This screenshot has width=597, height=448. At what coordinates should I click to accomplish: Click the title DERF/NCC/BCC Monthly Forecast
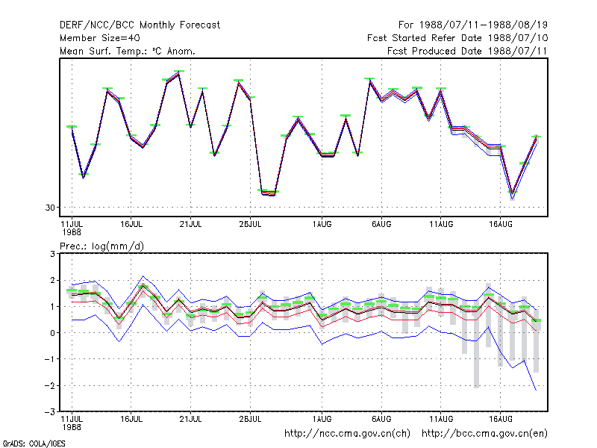tap(140, 25)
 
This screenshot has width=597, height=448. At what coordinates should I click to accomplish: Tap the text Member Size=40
tap(100, 38)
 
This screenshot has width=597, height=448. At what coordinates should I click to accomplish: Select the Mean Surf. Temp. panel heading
tap(128, 51)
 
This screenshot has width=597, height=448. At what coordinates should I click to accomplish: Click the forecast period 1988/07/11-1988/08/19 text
tap(473, 25)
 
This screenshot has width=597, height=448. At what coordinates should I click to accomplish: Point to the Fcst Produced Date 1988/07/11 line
tap(468, 51)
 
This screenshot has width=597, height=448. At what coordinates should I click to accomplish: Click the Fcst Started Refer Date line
tap(457, 38)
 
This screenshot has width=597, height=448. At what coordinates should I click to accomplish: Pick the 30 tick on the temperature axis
tap(50, 208)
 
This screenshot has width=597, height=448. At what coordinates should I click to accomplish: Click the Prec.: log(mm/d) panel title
tap(101, 246)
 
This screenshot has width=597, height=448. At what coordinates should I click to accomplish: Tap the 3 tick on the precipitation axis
tap(52, 254)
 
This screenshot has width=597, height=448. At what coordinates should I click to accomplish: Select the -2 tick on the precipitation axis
tap(50, 385)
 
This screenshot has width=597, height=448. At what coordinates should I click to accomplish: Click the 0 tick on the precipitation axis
tap(52, 333)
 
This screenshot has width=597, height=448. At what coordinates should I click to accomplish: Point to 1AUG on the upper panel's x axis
tap(322, 225)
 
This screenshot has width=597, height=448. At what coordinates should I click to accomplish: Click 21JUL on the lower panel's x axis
tap(190, 419)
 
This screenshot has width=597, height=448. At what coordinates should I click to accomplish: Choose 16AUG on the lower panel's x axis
tap(501, 419)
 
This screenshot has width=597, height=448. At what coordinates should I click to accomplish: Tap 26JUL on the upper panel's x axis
tap(250, 225)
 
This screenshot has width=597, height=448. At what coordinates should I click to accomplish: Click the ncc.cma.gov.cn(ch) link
tap(347, 434)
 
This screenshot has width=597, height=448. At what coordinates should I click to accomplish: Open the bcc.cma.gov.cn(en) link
tap(484, 434)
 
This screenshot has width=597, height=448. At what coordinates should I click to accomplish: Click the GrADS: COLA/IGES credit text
tap(34, 444)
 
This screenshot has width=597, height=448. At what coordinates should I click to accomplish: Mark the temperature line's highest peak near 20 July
tap(178, 73)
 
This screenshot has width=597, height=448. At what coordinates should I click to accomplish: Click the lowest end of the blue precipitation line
tap(536, 390)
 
